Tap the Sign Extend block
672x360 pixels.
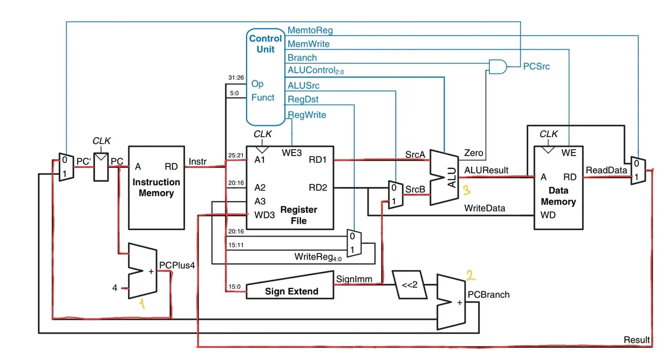click(291, 289)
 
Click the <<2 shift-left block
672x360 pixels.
click(410, 284)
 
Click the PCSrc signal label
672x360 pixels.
click(536, 66)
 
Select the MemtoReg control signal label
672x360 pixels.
click(310, 30)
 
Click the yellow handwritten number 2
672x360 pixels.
click(471, 274)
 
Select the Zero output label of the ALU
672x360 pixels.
click(474, 153)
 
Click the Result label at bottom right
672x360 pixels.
click(636, 340)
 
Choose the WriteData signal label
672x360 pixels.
click(484, 208)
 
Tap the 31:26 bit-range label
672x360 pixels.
click(236, 78)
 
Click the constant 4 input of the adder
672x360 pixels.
click(115, 287)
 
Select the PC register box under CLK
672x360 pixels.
click(101, 167)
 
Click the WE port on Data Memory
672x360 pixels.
click(569, 153)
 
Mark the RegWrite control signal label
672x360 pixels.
click(307, 115)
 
